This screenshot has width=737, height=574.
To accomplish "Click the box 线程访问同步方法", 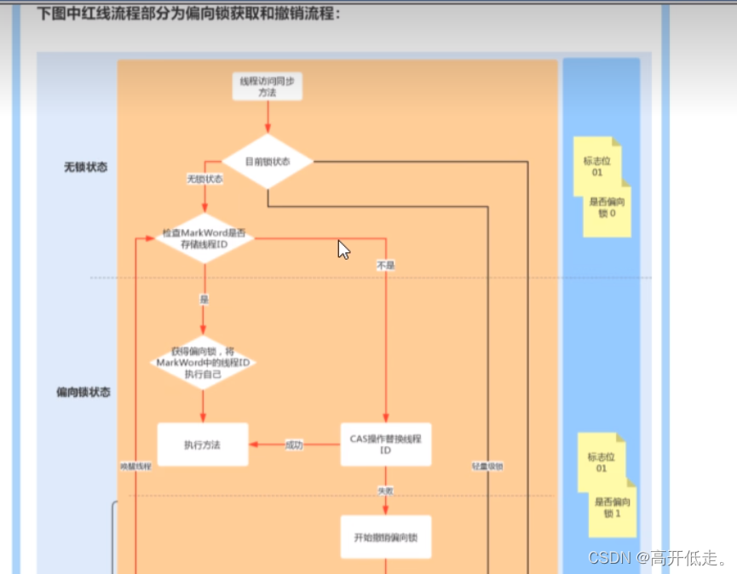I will coord(268,86).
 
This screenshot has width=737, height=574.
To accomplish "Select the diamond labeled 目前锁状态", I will coord(268,161).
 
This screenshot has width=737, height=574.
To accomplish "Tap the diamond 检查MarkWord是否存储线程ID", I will coord(204,238).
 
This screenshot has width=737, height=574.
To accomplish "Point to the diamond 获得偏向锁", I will coord(203,363).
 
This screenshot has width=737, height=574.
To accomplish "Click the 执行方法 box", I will coord(203,445).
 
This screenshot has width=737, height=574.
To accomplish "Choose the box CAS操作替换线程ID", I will coord(385,445).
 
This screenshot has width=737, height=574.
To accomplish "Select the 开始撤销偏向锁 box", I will coord(385,537).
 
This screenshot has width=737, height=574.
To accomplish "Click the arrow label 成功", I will coord(294,445).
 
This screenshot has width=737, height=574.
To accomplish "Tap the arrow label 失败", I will coord(385,491).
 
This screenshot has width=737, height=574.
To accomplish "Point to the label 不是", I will coord(385,266).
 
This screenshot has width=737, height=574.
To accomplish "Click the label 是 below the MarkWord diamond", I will coord(204,300).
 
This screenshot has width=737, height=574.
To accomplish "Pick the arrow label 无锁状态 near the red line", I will coord(204,180).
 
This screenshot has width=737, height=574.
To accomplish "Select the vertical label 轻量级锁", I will coord(487,467).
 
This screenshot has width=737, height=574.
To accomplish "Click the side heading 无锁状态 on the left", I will coord(85,167).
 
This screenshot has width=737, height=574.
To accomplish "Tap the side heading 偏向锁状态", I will coord(83,393).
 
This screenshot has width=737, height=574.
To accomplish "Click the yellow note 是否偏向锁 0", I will coord(607,210).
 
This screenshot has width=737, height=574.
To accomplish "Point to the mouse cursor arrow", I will coord(343,250).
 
